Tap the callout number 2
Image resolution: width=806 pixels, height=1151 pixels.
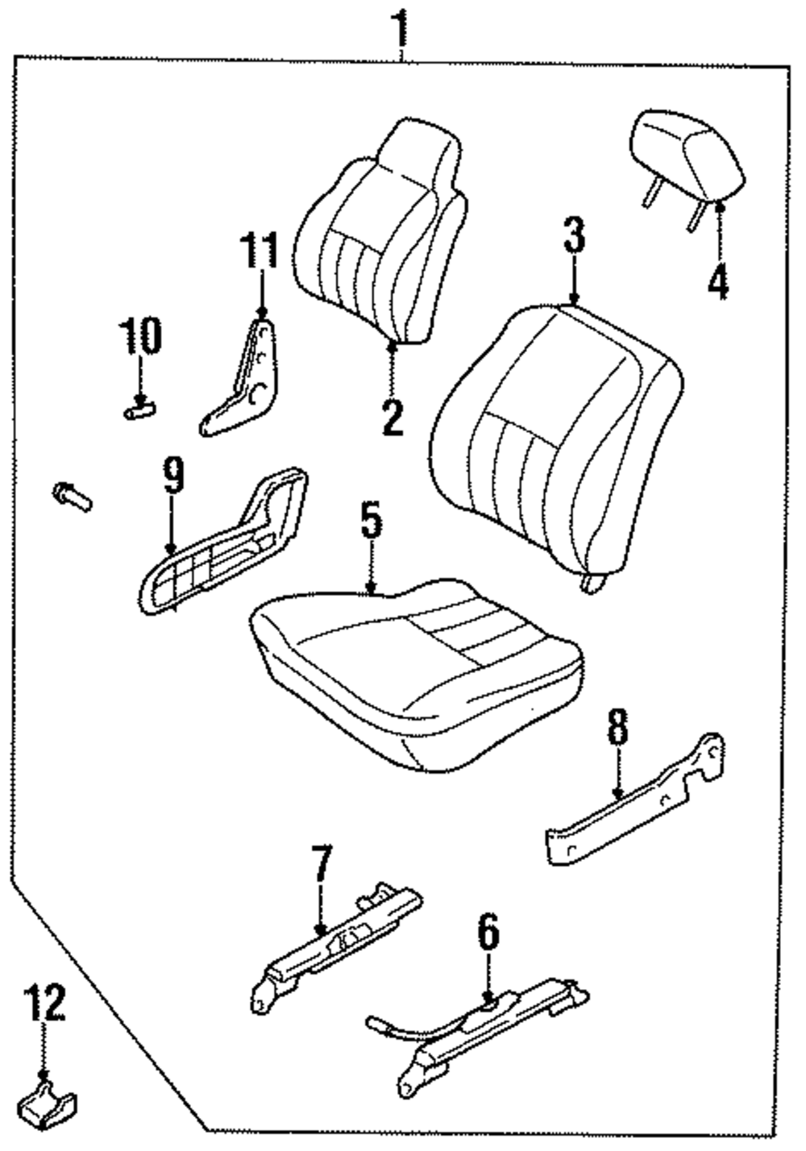click(392, 416)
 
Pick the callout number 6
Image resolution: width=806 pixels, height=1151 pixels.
click(488, 934)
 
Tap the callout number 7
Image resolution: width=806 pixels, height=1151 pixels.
click(321, 866)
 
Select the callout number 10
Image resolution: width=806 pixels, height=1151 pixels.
click(140, 336)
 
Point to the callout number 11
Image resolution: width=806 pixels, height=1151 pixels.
click(260, 250)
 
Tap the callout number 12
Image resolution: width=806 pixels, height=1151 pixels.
click(45, 1004)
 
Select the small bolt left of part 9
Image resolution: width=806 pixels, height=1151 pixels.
click(72, 495)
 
